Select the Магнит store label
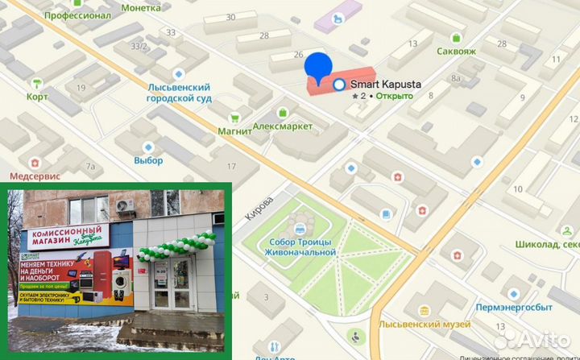tap(234, 131)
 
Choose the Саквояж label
tap(456, 51)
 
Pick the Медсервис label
tap(32, 175)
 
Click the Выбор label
tap(148, 160)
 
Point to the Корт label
tap(37, 97)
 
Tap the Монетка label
tap(140, 8)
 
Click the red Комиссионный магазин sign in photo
tap(66, 237)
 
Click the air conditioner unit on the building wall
tap(125, 205)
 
